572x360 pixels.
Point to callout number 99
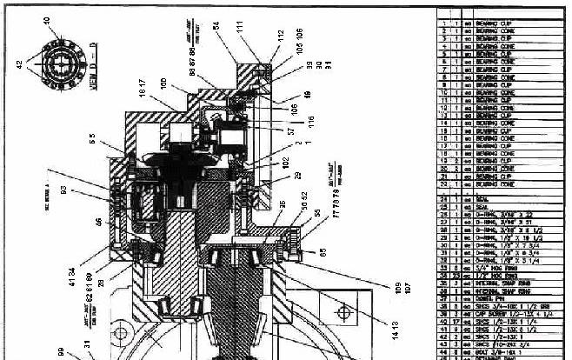(x=60, y=352)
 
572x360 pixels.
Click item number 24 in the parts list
(x=444, y=198)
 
